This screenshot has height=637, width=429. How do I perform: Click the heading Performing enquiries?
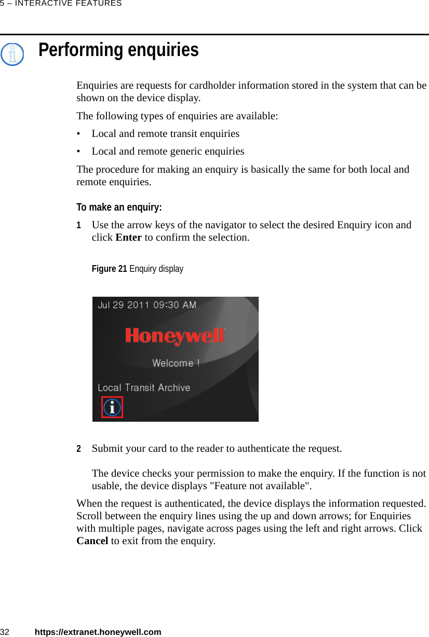118,50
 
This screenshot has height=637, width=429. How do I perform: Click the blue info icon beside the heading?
12,54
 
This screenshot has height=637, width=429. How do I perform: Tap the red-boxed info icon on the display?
112,407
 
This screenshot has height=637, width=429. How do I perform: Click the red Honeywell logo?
175,336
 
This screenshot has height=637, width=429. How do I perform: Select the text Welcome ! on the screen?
176,363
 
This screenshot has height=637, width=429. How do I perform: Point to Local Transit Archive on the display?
144,387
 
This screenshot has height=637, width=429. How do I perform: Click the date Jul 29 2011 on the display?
124,305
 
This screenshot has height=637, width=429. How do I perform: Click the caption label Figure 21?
109,269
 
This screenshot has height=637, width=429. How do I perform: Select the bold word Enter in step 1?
128,238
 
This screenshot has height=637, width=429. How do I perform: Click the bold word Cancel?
92,541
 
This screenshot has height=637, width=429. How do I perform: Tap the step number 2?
79,449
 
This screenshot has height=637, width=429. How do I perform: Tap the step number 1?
79,226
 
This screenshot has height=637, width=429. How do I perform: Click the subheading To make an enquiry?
119,207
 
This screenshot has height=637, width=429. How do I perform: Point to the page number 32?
5,632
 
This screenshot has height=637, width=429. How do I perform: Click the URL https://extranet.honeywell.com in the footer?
98,632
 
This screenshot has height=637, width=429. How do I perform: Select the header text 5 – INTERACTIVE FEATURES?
61,4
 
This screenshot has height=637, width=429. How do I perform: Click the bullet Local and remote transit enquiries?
165,133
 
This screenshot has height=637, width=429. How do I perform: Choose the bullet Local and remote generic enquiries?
168,151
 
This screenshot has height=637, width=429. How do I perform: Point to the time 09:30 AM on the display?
175,305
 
